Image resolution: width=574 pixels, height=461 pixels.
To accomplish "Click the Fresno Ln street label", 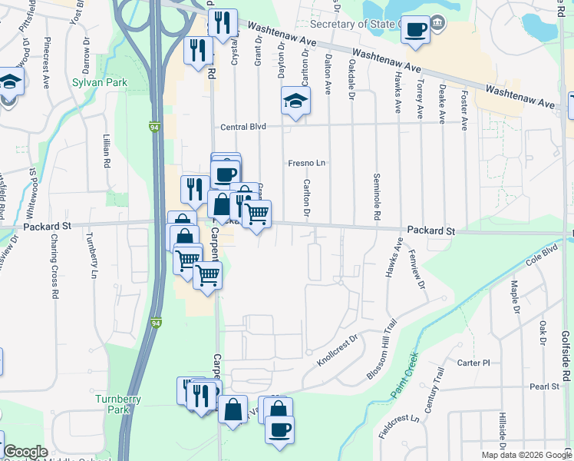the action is [307, 163].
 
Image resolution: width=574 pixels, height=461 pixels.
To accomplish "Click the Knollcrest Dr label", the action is [338, 349].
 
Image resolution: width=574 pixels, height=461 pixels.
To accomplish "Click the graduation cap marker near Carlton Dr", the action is [295, 101].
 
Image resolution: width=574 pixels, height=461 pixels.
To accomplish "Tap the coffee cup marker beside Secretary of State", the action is [415, 31].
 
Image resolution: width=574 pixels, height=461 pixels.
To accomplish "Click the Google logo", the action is [25, 452].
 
